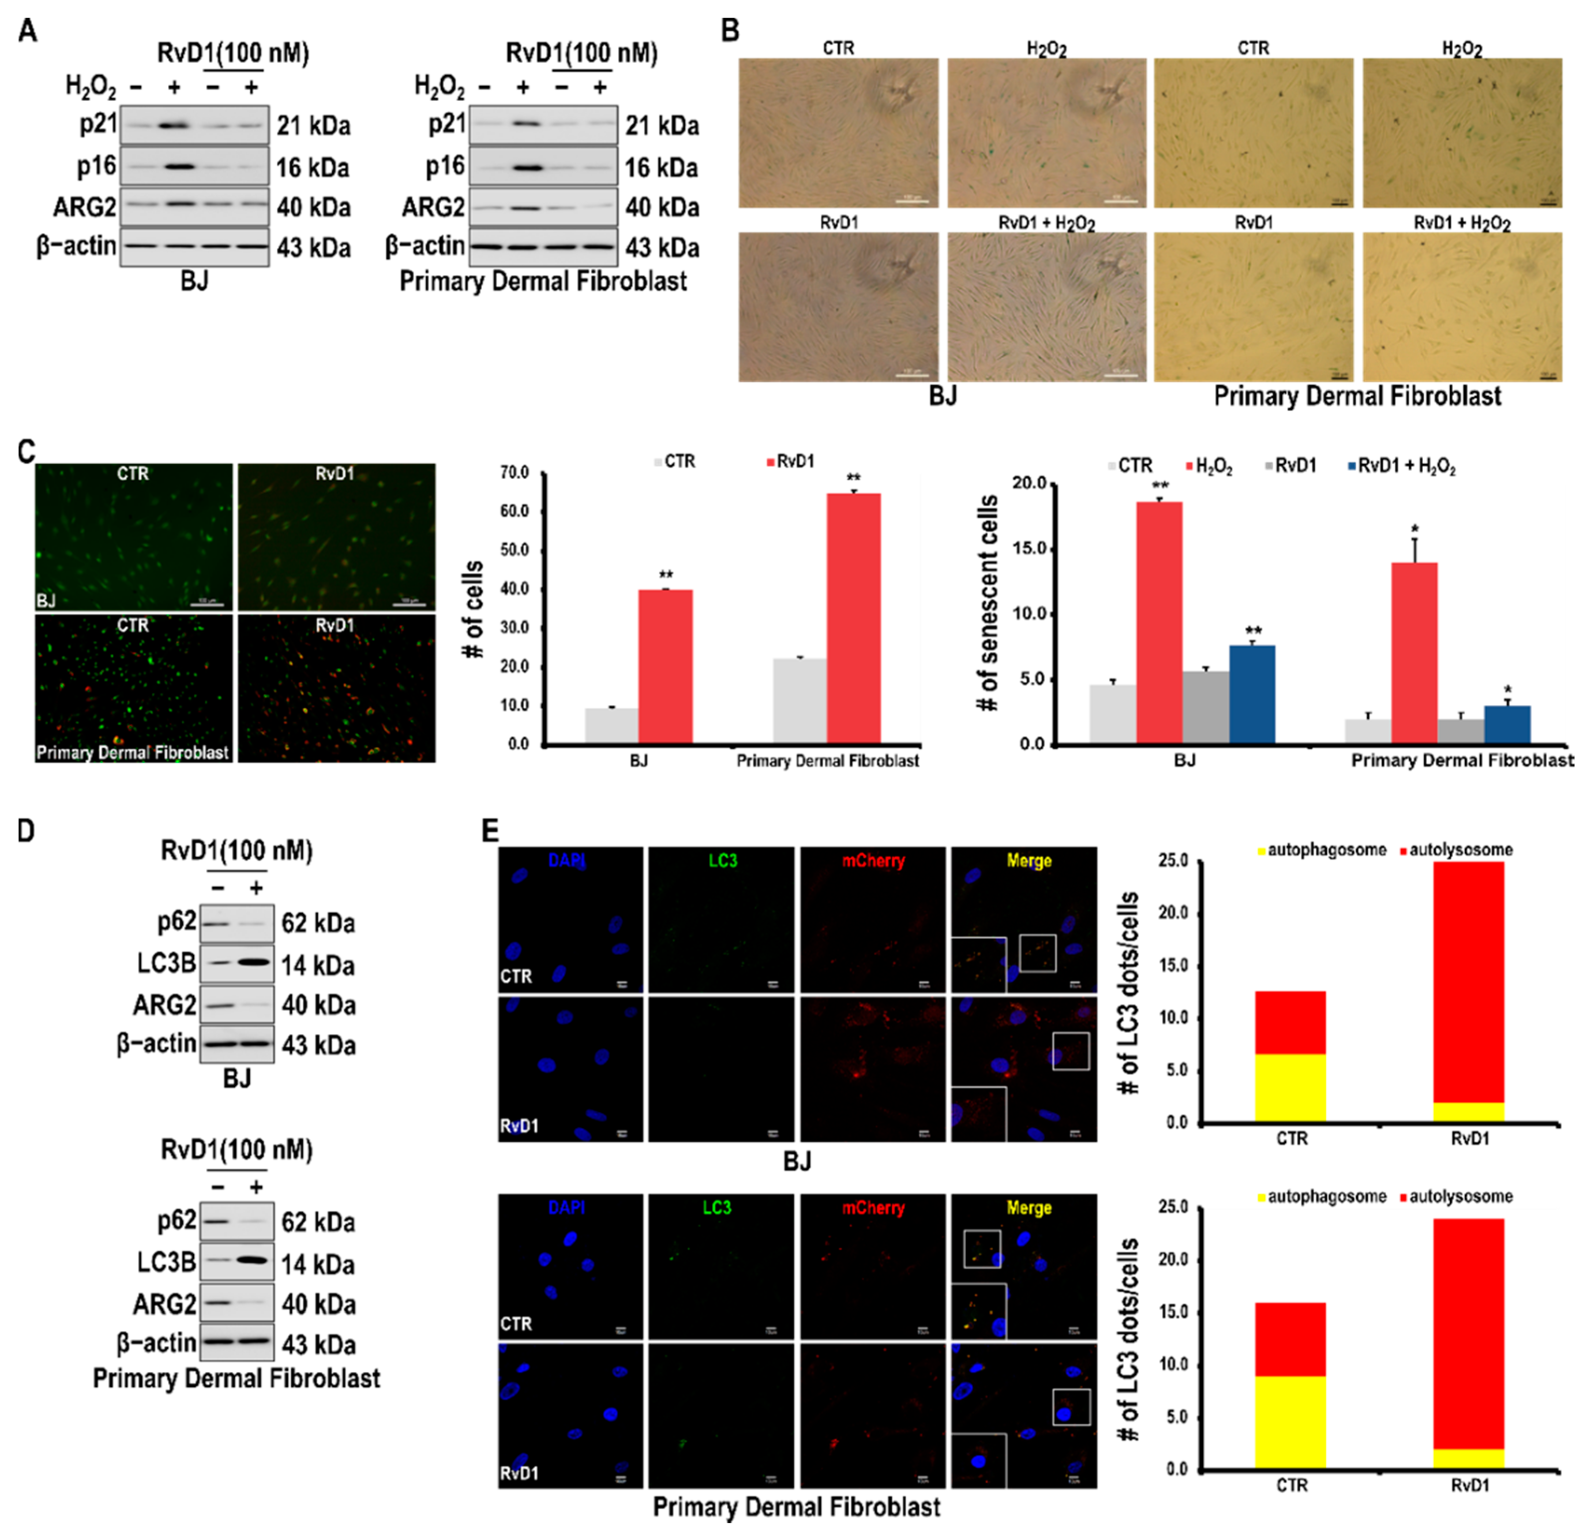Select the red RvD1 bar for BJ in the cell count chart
click(666, 666)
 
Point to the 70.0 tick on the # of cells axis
click(515, 472)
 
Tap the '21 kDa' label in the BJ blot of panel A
click(313, 126)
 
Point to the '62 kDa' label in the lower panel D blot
click(318, 1222)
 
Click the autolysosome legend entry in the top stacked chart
click(1459, 850)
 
